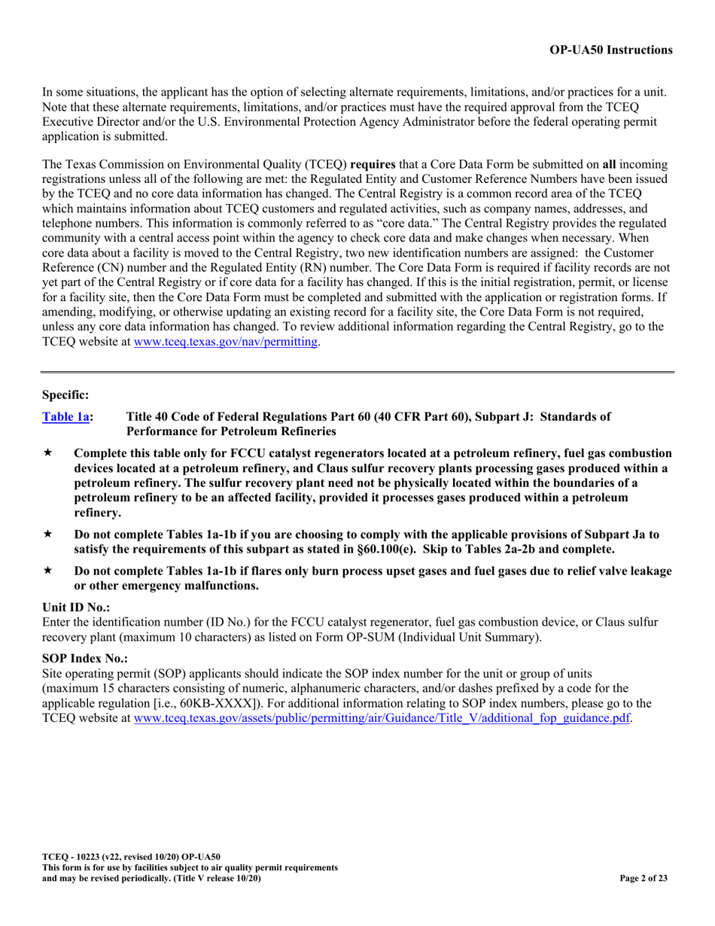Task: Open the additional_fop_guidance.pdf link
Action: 382,718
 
